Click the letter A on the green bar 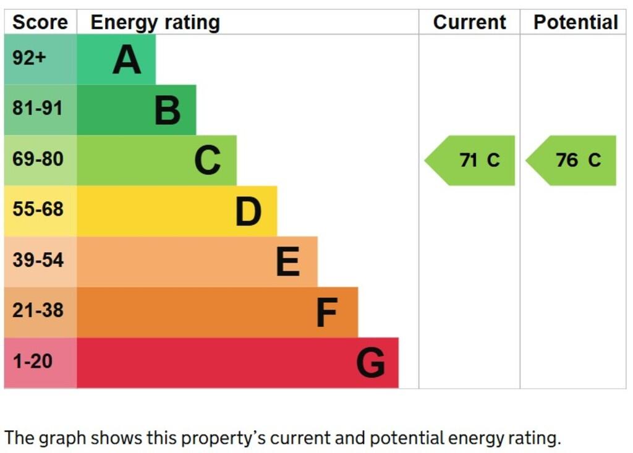[127, 60]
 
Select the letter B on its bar [167, 111]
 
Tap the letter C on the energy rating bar [208, 161]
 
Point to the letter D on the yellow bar [249, 211]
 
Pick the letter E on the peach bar [288, 262]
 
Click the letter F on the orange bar [326, 313]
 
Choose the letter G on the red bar [370, 363]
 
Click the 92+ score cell [29, 59]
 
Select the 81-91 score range [38, 109]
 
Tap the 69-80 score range [38, 159]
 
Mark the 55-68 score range [38, 210]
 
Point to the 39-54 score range [38, 260]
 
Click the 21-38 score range [38, 310]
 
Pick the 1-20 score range [33, 361]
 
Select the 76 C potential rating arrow [574, 161]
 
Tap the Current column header [469, 22]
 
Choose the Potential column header [576, 22]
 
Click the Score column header [40, 22]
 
